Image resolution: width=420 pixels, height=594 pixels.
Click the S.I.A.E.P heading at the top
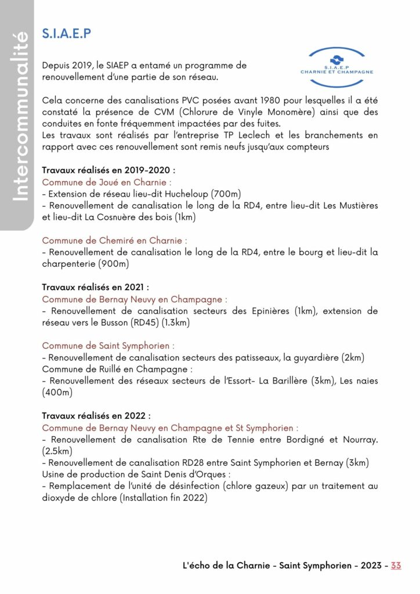[x=67, y=34]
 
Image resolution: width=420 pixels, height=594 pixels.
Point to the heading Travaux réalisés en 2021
[x=96, y=287]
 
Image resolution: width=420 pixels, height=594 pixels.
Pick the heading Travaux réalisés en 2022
[x=96, y=415]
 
